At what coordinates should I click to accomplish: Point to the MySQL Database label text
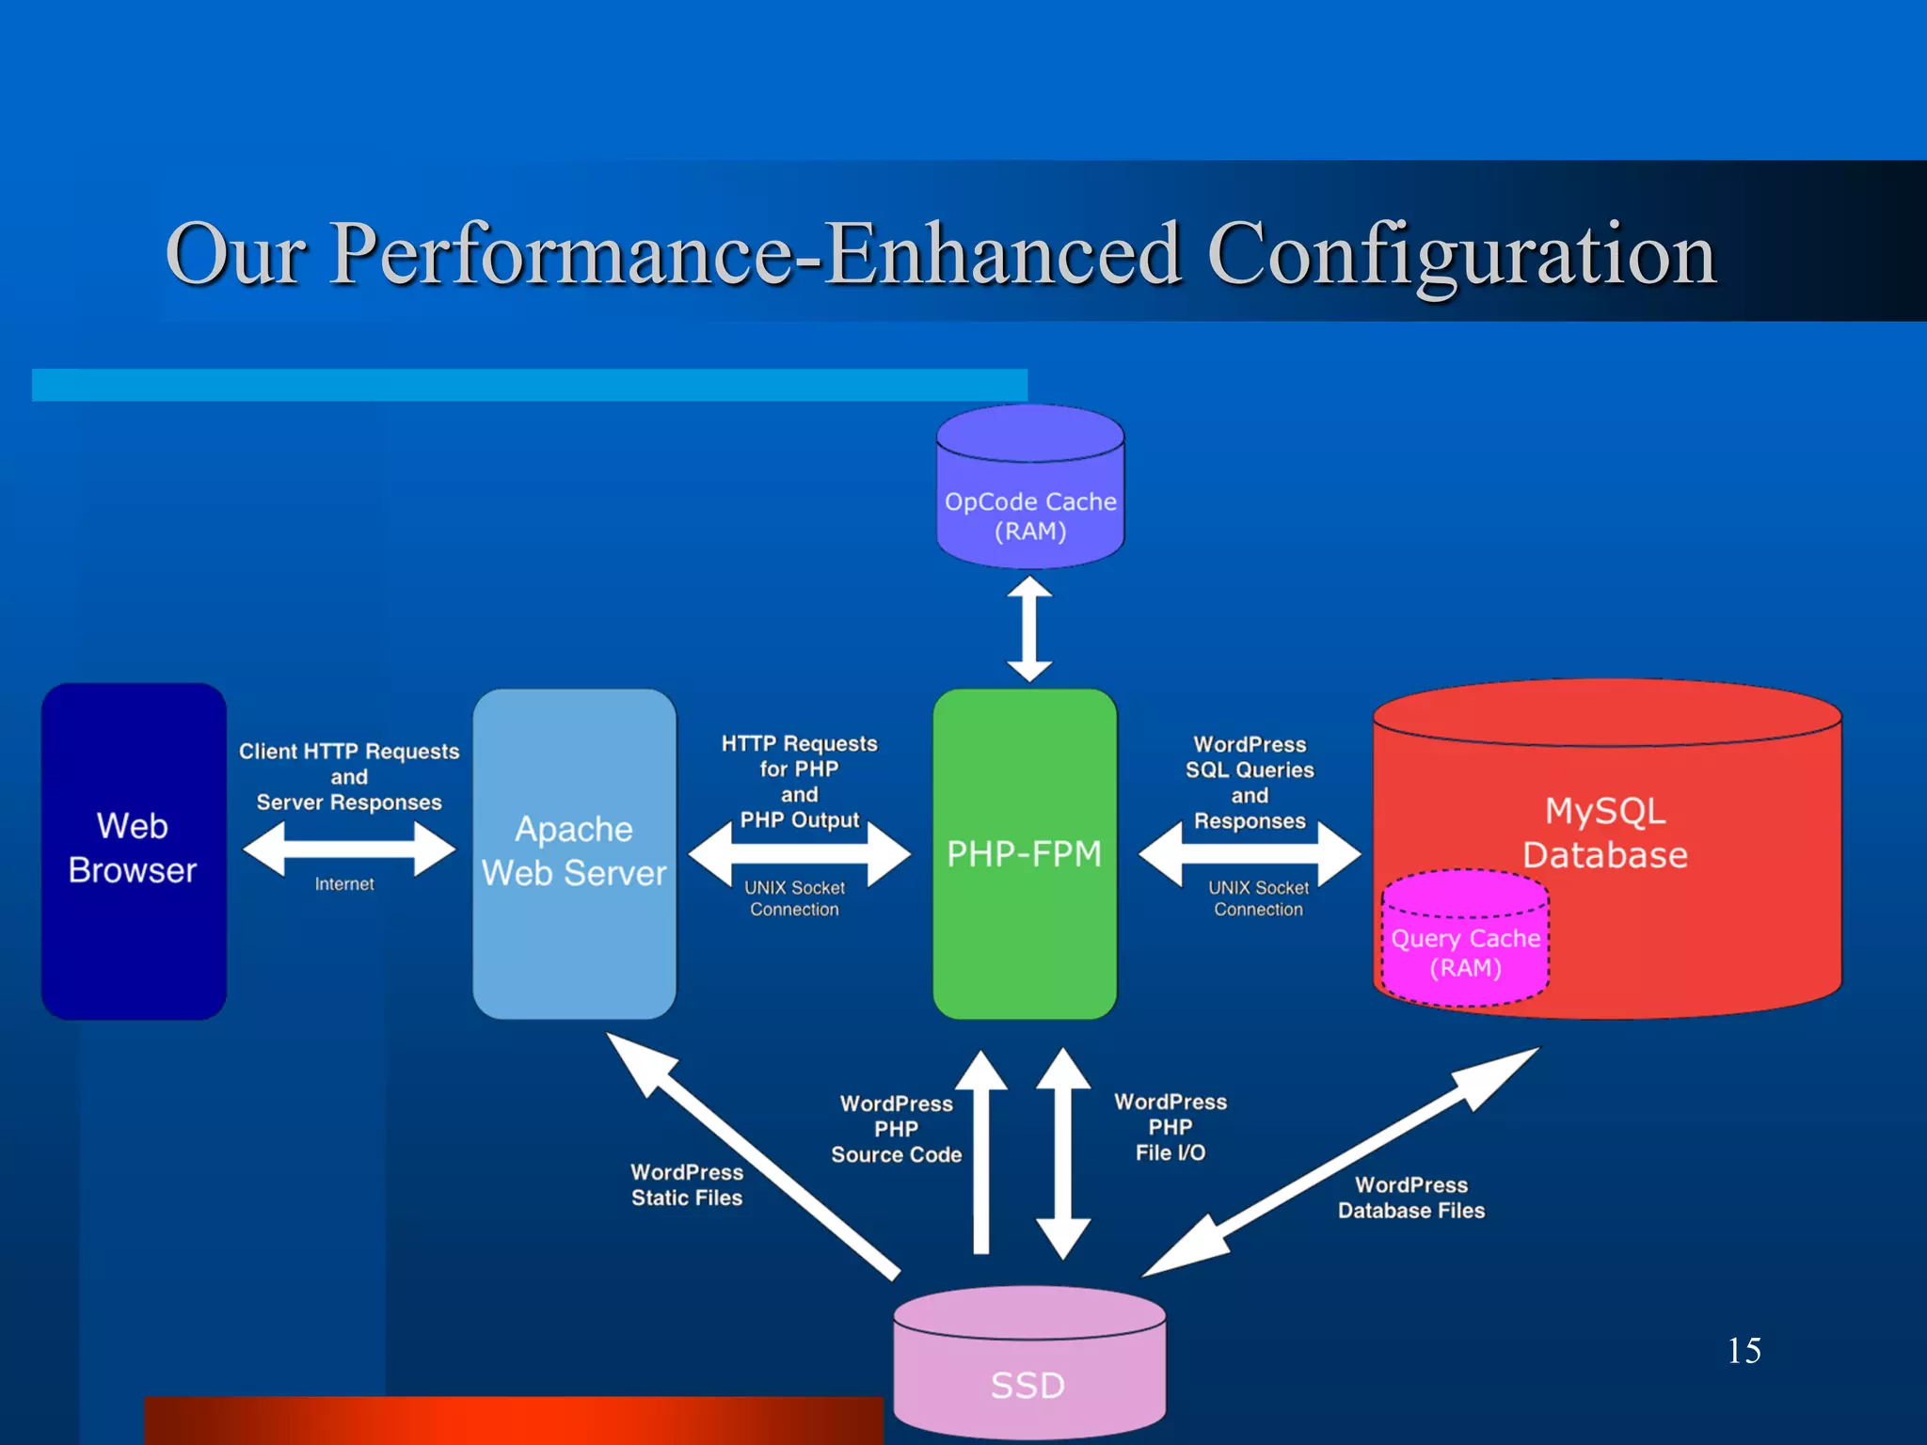pos(1605,833)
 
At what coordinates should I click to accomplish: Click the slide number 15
pos(1744,1350)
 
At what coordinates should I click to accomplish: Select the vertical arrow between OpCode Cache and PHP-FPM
pos(1029,628)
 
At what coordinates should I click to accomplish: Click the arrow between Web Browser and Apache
pos(348,849)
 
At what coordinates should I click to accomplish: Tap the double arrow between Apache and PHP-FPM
pos(799,853)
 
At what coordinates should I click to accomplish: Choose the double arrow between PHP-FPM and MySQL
pos(1249,853)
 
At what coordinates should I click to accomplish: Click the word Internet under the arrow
pos(344,884)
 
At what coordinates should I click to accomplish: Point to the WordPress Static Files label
pos(687,1184)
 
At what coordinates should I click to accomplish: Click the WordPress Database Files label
pos(1410,1198)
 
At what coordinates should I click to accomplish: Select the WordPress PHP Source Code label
pos(896,1129)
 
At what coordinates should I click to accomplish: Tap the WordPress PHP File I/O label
pos(1171,1127)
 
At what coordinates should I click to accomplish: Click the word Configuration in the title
pos(1461,254)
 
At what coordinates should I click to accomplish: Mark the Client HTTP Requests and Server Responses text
pos(349,776)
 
